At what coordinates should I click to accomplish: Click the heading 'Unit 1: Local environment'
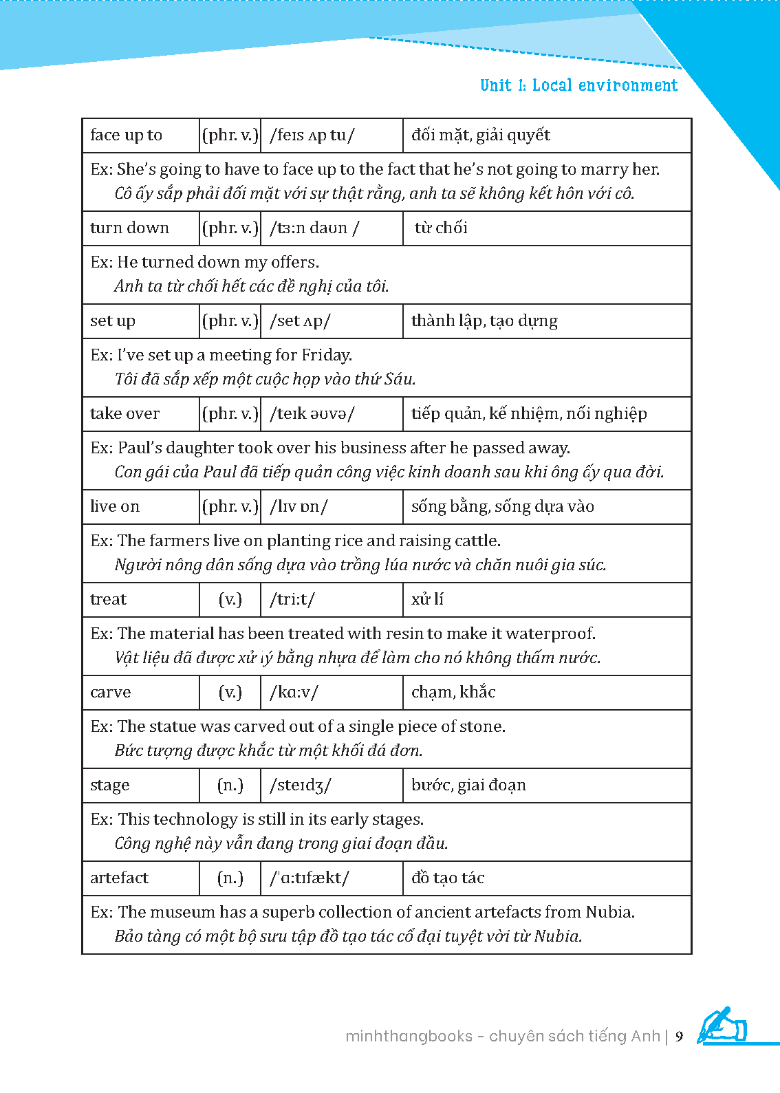point(578,85)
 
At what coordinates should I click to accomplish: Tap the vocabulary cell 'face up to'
point(127,136)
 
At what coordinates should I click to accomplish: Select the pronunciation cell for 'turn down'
point(314,228)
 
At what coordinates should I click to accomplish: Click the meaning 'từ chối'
point(441,228)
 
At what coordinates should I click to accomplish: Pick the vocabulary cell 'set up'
point(113,321)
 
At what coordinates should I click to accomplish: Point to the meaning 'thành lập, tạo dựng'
point(484,321)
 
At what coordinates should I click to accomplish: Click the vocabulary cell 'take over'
point(125,414)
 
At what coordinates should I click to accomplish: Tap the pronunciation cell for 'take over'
point(312,414)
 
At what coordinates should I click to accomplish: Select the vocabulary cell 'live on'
point(115,507)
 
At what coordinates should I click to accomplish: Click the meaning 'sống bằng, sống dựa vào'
point(503,507)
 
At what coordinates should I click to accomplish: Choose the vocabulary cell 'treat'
point(109,600)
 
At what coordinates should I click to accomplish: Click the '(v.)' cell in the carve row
point(230,693)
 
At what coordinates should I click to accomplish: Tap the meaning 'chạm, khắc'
point(453,693)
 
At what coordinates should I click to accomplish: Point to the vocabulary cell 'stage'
point(110,786)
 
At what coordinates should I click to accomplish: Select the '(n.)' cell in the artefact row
point(230,878)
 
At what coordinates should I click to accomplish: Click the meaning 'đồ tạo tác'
point(448,878)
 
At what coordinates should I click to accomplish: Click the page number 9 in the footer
point(680,1037)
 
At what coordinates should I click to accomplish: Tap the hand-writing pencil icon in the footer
point(722,1026)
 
